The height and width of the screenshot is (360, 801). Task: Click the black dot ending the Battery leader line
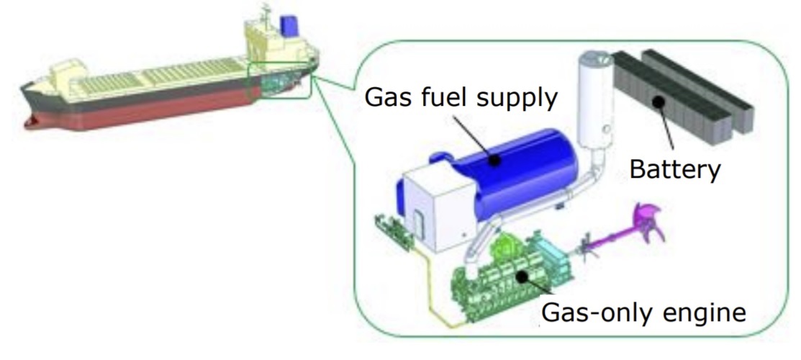(659, 102)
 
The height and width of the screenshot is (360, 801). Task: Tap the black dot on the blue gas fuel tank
(494, 161)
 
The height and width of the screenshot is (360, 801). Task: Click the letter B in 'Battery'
(637, 168)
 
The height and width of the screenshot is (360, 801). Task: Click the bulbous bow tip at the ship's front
(30, 122)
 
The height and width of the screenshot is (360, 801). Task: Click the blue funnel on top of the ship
(289, 26)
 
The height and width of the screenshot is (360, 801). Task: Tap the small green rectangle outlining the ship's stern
(279, 80)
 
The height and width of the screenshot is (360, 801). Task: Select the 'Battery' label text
(674, 170)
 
